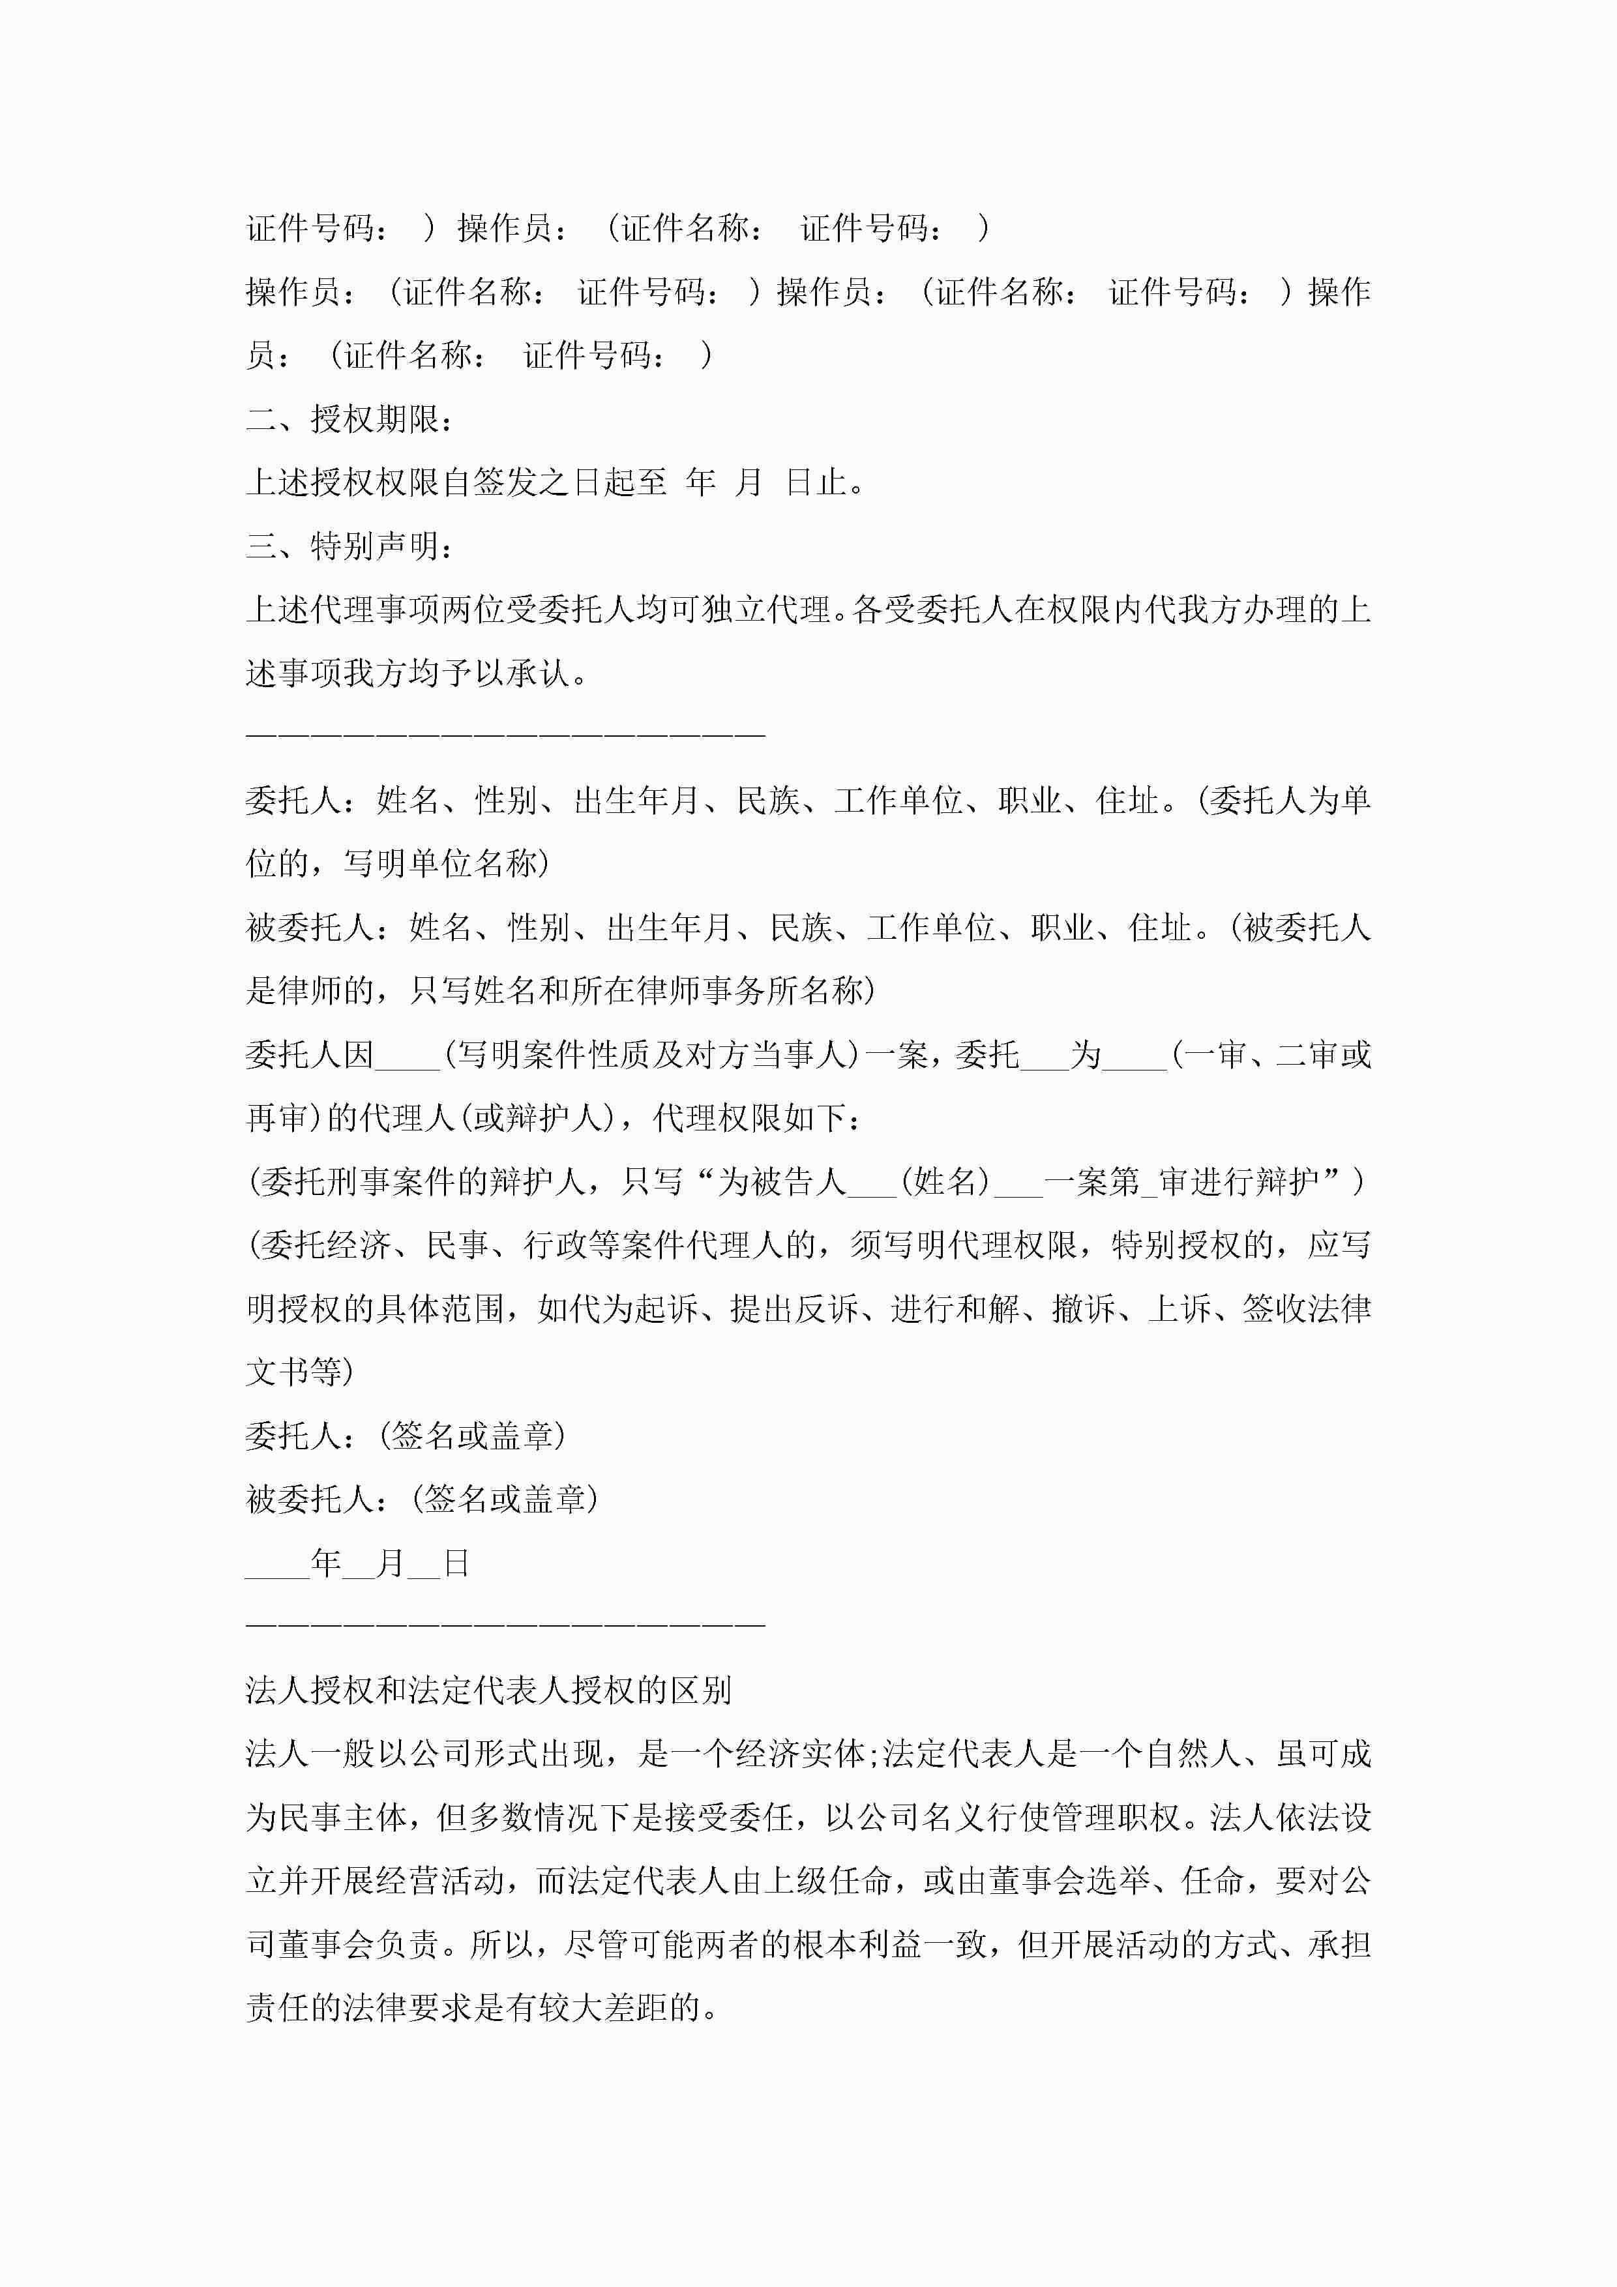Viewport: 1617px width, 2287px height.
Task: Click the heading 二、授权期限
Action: pyautogui.click(x=351, y=419)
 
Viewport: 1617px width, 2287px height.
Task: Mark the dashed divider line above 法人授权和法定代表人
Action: pyautogui.click(x=505, y=1625)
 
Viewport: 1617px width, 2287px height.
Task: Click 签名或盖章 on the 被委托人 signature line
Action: pyautogui.click(x=505, y=1499)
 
